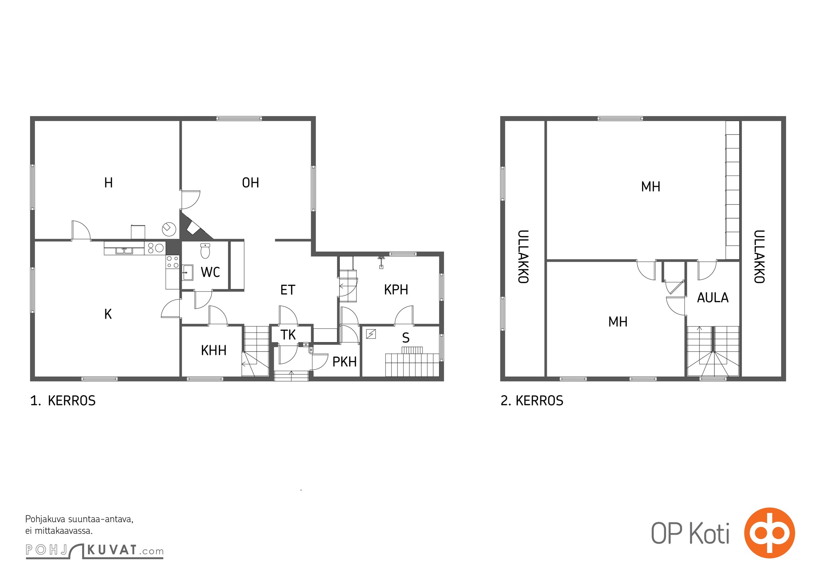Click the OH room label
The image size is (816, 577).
pos(250,183)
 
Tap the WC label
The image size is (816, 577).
pos(210,272)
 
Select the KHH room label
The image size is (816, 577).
pos(214,350)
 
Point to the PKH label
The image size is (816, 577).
pos(345,362)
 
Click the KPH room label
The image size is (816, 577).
pos(396,290)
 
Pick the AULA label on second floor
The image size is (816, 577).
pos(713,298)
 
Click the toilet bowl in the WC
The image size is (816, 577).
pos(205,251)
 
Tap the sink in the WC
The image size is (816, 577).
pos(187,272)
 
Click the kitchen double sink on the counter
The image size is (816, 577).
pos(124,250)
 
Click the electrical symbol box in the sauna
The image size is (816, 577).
pos(371,334)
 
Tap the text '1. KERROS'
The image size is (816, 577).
pos(63,401)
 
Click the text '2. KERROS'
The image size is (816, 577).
pos(532,401)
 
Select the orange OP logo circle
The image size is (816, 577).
pos(769,532)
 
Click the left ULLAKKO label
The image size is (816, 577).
pos(523,257)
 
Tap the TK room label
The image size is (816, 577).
pos(288,335)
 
